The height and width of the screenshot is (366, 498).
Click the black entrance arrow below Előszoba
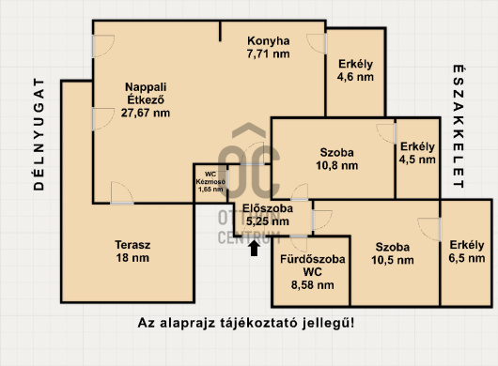point(253,247)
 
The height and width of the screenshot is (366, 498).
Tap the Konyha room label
point(268,40)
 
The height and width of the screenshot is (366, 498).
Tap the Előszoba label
point(264,208)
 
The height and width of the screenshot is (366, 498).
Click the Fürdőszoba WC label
point(312,264)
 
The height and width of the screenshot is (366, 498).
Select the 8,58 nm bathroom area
point(312,284)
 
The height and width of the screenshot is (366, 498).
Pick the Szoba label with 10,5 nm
point(391,248)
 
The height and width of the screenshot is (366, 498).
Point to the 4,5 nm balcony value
point(417,160)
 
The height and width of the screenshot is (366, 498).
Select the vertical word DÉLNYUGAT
point(39,135)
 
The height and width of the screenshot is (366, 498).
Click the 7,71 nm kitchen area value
point(268,54)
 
